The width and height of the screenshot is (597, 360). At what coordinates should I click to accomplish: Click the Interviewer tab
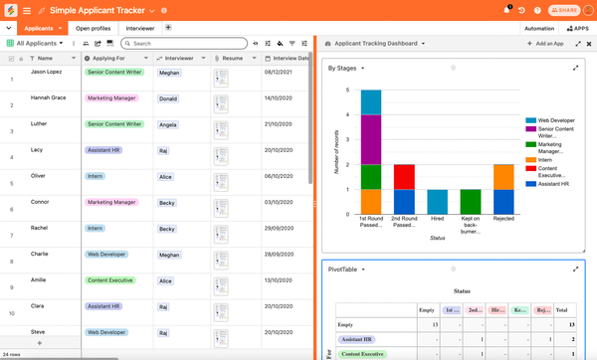(x=139, y=28)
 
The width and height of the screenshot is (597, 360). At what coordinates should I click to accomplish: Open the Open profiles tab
(x=94, y=28)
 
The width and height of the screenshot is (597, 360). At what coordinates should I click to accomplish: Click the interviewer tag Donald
(x=168, y=98)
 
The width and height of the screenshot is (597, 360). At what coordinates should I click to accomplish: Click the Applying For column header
(x=110, y=59)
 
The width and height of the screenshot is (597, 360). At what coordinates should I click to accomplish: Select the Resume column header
(x=233, y=59)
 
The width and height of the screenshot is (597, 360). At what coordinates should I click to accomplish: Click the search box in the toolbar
(x=184, y=44)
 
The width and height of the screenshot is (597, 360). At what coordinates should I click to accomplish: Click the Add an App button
(x=546, y=44)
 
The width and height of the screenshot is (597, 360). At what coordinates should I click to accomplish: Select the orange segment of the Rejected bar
(x=503, y=176)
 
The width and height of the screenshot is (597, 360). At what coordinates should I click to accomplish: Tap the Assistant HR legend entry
(x=553, y=184)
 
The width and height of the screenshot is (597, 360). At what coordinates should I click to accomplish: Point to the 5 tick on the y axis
(x=347, y=90)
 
